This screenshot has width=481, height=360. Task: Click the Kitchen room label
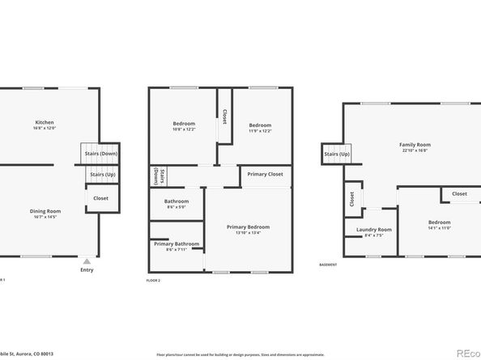point(44,122)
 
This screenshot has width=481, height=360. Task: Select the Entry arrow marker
point(87,261)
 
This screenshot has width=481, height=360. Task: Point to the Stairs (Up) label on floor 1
point(102,173)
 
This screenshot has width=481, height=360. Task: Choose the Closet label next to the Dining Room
point(101,197)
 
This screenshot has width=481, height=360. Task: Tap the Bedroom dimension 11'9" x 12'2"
point(260,130)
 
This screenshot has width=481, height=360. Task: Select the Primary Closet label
point(265,173)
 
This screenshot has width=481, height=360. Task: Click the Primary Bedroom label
point(248,227)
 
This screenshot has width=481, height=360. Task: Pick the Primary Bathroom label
point(176,244)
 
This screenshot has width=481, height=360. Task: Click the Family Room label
point(414,144)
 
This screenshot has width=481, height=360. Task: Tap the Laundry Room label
point(373,230)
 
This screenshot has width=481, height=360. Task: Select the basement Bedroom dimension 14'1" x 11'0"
point(439,228)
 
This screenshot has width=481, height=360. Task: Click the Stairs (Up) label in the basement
point(337,154)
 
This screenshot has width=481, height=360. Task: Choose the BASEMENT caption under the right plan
point(328,265)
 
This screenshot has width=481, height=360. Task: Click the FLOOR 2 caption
point(153,280)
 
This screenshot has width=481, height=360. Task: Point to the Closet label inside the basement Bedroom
point(459,194)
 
